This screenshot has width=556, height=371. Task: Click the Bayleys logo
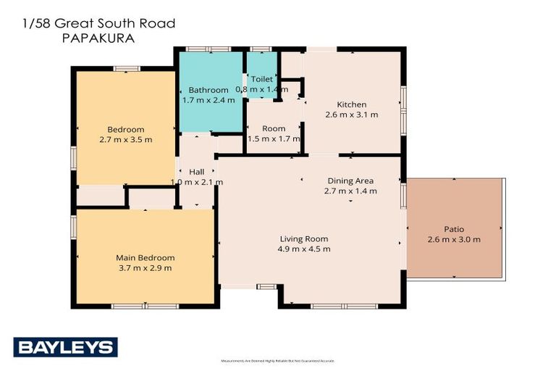tap(65, 347)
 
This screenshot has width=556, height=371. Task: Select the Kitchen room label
tap(352, 104)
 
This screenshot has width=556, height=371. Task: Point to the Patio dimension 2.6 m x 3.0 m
tap(454, 239)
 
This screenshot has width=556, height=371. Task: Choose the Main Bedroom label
tap(145, 257)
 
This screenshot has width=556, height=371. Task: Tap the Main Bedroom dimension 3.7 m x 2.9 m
tap(145, 267)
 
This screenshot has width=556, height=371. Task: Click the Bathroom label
tap(208, 90)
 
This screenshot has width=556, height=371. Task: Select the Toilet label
tap(261, 78)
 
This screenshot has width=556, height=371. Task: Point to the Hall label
tap(196, 172)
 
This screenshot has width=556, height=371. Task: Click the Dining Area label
tap(350, 180)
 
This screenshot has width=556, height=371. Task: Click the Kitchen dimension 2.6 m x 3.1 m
tap(352, 114)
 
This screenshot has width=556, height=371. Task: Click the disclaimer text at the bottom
tap(277, 360)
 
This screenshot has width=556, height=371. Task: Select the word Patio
tap(454, 229)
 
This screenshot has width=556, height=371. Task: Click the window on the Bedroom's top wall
tap(126, 69)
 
